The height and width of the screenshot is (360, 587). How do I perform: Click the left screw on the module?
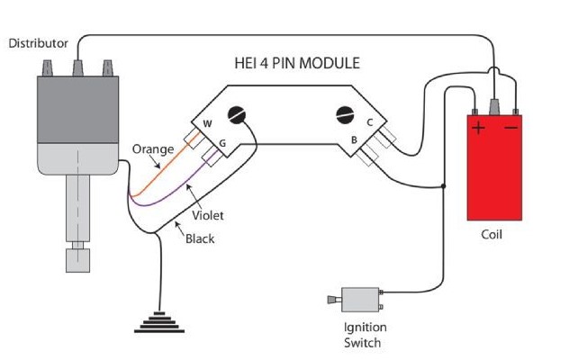tap(239, 115)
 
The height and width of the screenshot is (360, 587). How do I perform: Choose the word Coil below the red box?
tap(492, 236)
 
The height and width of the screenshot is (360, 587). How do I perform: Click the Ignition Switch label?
tap(362, 335)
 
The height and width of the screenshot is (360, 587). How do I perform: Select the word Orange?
tap(148, 148)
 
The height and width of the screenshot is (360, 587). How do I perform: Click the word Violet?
tap(208, 216)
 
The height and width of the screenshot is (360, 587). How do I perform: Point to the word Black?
tap(200, 239)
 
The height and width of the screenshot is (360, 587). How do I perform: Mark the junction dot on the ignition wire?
tap(443, 187)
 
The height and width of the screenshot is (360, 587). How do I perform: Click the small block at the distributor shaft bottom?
tap(77, 262)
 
